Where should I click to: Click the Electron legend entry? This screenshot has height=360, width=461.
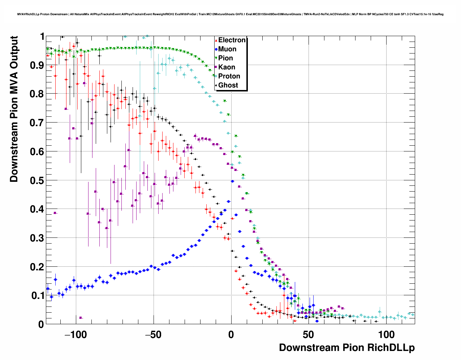[232, 40]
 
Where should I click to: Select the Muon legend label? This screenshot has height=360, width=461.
[227, 49]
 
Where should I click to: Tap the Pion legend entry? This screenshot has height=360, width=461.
[225, 58]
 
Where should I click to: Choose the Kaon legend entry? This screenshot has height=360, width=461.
[227, 67]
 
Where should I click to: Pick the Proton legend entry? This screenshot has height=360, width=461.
[229, 76]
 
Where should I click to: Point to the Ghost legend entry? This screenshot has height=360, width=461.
[228, 85]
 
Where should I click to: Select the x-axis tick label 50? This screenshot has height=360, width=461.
[309, 335]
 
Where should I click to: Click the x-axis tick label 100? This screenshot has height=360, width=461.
[386, 335]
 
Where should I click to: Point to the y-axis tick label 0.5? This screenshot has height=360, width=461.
[37, 180]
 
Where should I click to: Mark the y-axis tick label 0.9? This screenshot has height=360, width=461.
[37, 65]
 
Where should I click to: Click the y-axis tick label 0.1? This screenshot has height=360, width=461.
[37, 296]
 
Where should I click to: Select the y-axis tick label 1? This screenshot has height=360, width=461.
[42, 37]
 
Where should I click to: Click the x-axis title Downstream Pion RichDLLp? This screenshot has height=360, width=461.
[347, 348]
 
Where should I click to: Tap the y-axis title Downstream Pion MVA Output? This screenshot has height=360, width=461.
[14, 109]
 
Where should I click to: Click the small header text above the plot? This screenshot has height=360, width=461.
[230, 14]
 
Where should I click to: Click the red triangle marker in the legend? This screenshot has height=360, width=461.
[216, 40]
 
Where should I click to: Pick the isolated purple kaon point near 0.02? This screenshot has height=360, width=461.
[81, 318]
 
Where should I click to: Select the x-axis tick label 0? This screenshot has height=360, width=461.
[231, 335]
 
